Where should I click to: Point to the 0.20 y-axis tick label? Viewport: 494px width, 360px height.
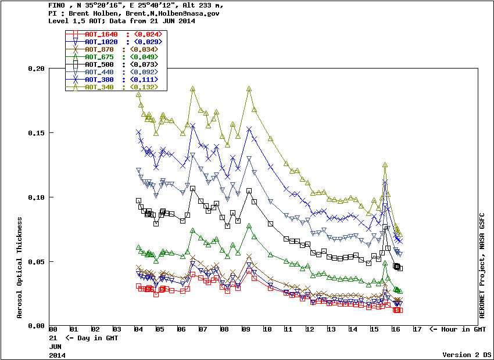[x=35, y=69]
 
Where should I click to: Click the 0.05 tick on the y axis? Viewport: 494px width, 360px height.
[x=35, y=262]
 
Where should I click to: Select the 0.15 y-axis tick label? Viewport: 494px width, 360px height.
[x=35, y=133]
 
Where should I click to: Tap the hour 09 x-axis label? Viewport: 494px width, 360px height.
[x=246, y=330]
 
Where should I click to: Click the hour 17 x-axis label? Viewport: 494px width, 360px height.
[x=417, y=330]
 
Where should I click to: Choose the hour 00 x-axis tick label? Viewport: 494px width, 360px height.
[x=53, y=330]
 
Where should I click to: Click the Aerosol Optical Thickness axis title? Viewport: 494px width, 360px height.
[x=20, y=268]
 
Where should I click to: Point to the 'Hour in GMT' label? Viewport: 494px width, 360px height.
[x=457, y=330]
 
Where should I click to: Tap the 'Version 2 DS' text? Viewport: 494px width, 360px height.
[x=467, y=354]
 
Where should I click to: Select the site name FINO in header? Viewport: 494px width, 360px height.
[x=57, y=5]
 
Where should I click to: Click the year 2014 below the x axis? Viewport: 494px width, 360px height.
[x=57, y=354]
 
